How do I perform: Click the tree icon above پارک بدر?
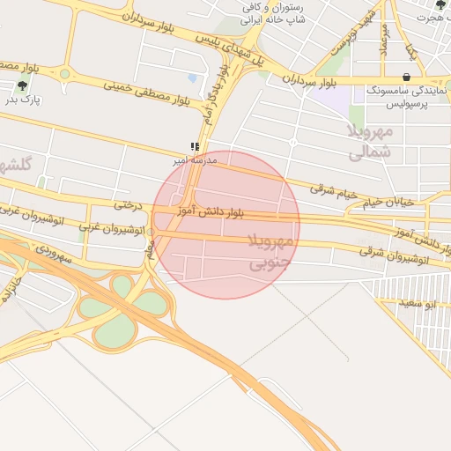pyautogui.click(x=22, y=85)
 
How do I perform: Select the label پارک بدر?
pyautogui.click(x=24, y=100)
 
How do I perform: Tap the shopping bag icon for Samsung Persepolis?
pyautogui.click(x=405, y=78)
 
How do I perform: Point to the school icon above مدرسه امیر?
pyautogui.click(x=195, y=148)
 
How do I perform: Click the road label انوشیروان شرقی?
pyautogui.click(x=394, y=255)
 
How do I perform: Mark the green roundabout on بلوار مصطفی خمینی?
pyautogui.click(x=64, y=74)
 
